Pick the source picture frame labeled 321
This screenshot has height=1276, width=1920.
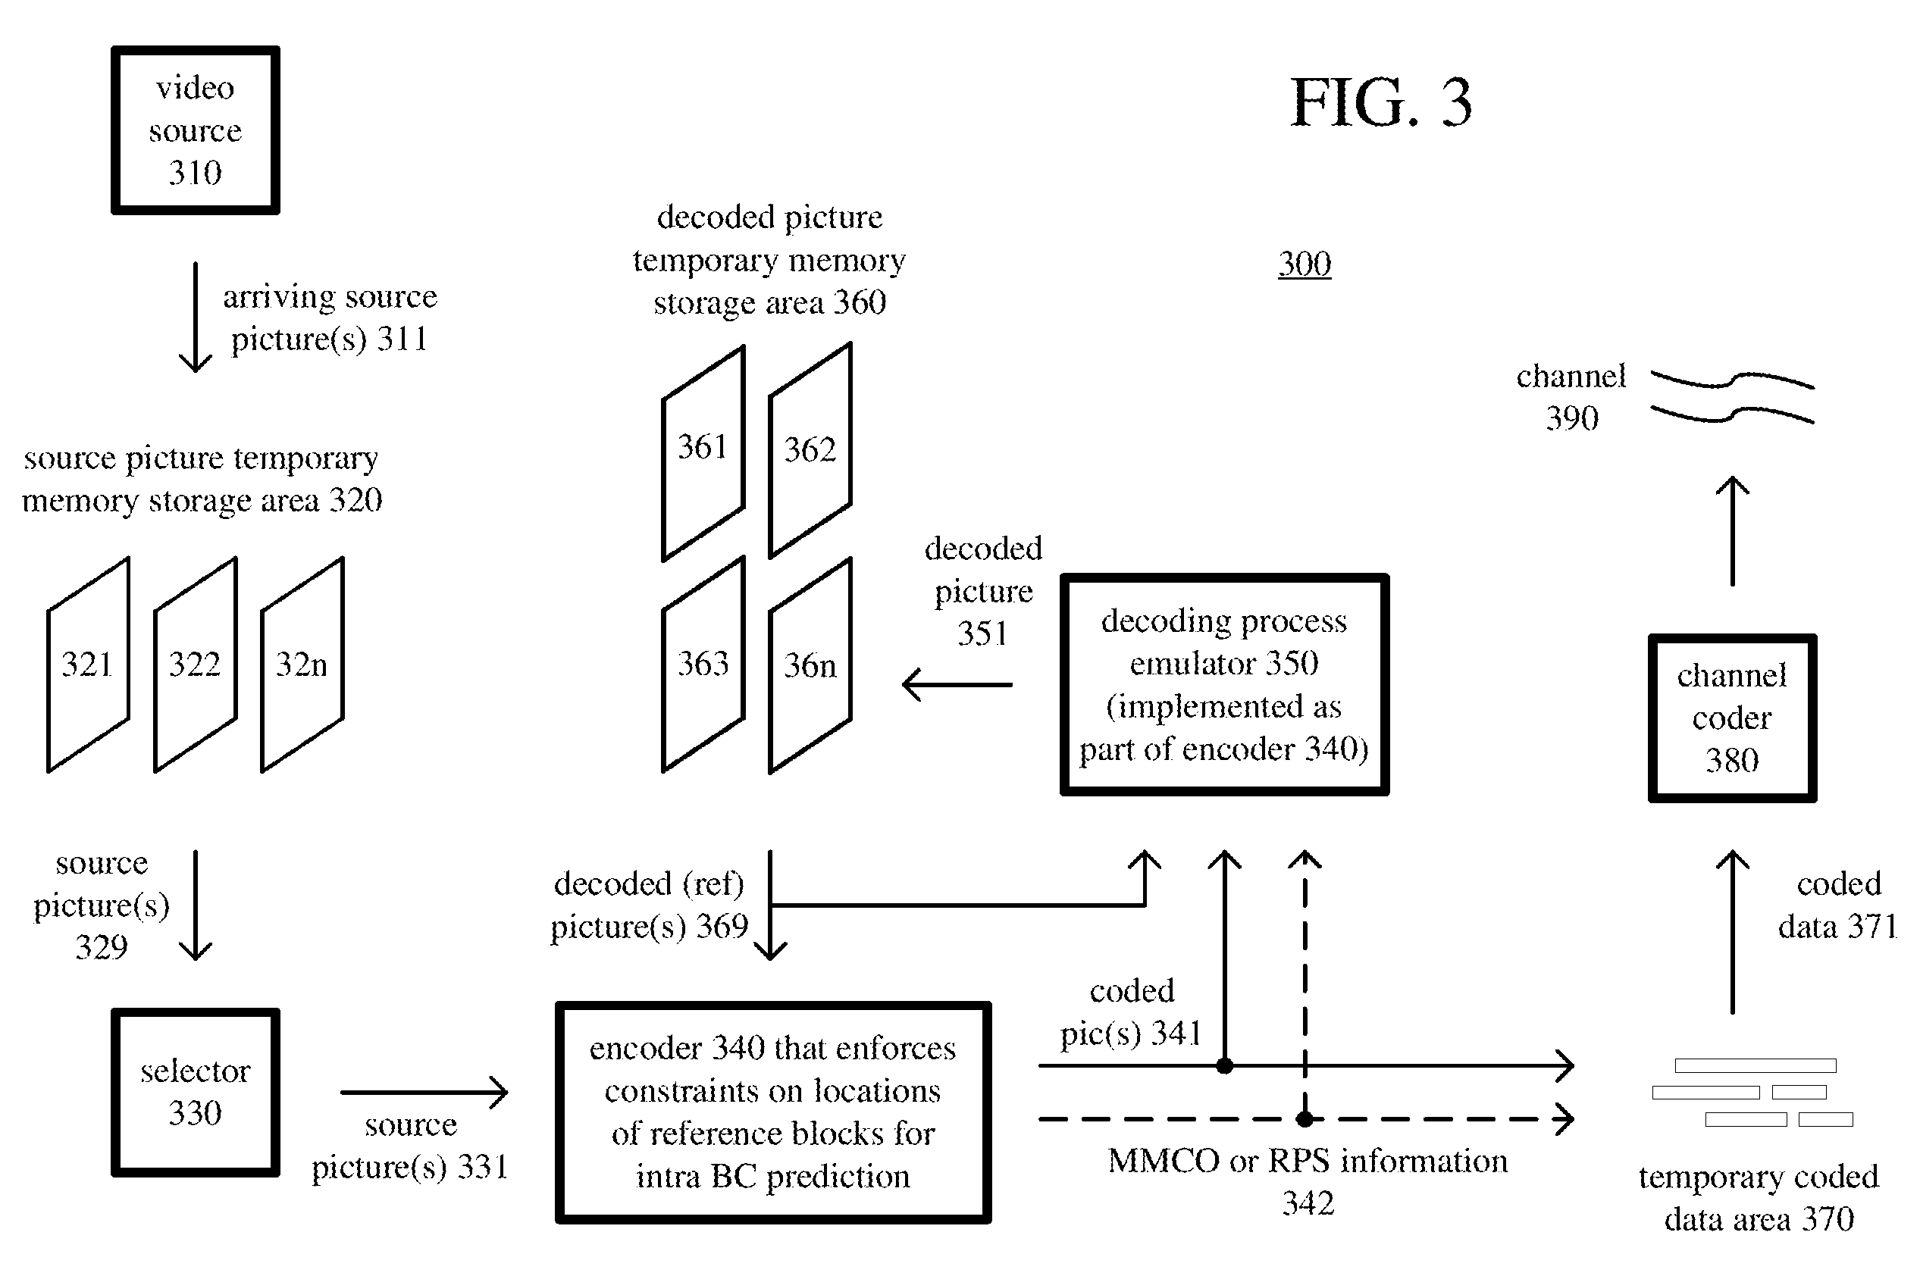point(88,665)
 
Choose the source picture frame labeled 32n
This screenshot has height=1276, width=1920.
point(302,665)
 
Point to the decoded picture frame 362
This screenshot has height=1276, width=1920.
point(810,450)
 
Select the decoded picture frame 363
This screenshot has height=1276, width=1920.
point(703,665)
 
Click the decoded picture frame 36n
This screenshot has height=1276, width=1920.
point(810,665)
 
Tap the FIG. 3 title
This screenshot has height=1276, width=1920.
point(1381,102)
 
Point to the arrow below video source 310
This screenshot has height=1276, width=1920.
point(196,317)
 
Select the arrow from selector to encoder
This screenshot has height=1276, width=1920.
point(424,1092)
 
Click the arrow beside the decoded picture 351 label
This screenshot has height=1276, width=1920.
point(957,684)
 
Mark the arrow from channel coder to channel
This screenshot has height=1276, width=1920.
point(1732,530)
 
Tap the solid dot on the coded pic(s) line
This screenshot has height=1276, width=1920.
point(1224,1065)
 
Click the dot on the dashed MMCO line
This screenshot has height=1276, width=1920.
point(1305,1119)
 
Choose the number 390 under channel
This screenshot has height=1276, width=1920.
point(1571,418)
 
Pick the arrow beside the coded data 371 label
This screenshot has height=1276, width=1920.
point(1732,932)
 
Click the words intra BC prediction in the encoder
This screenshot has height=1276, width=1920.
point(772,1176)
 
